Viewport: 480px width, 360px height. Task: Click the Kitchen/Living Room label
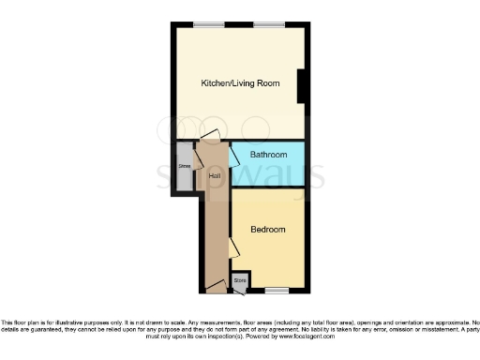tap(241, 83)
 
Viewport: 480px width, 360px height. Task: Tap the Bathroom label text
tap(268, 154)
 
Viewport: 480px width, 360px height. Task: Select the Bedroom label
tap(268, 229)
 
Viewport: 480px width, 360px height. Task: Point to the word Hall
tap(215, 176)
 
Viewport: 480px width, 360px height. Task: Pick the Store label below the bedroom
tap(240, 279)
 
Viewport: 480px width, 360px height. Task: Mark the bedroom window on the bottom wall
tap(277, 290)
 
